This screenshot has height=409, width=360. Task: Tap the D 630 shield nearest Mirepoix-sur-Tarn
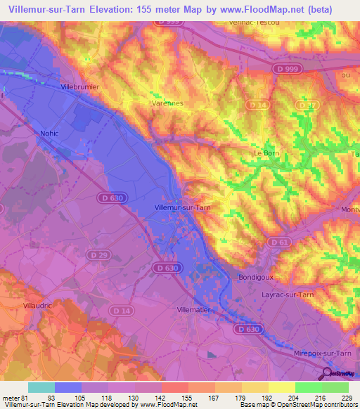(x=248, y=329)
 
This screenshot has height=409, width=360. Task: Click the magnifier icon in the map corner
(x=328, y=374)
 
